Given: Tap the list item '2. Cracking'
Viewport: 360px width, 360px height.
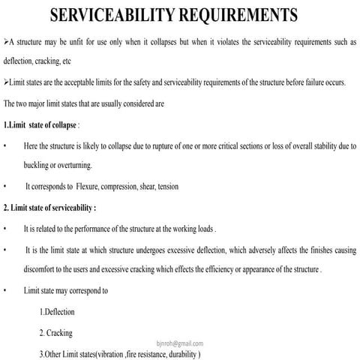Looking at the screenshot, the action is [56, 332].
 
